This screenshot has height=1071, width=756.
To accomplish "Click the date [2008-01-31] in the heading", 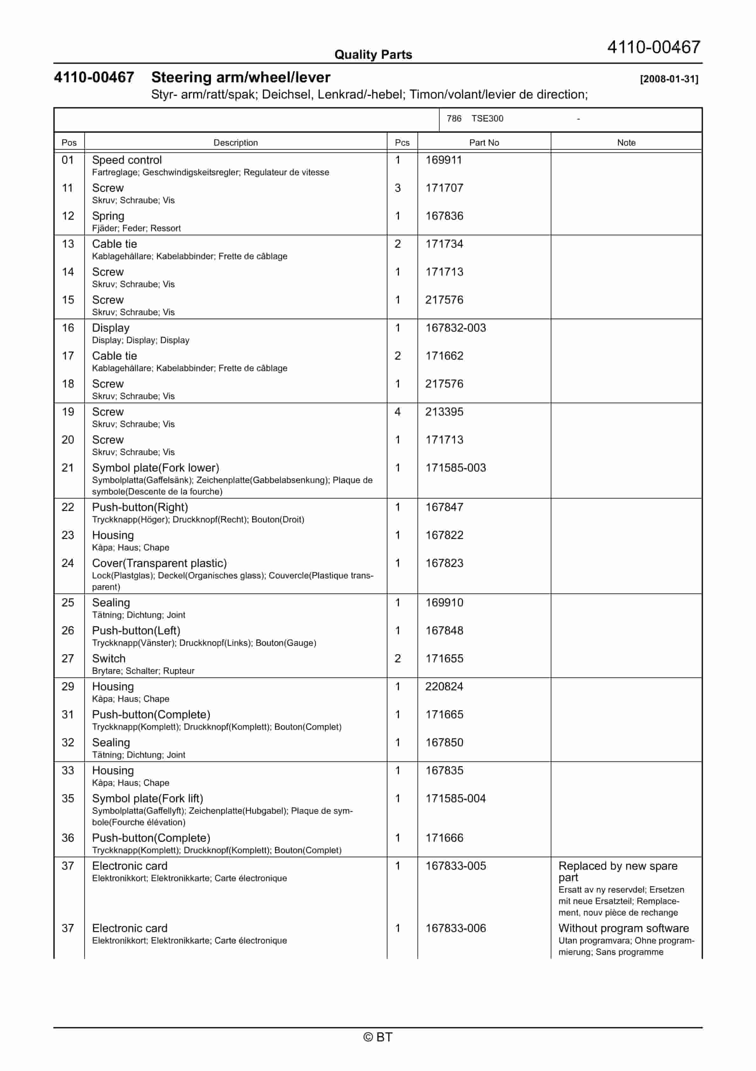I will (x=669, y=79).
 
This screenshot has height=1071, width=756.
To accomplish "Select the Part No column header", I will (x=484, y=143).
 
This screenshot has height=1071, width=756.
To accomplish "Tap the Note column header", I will (x=626, y=143).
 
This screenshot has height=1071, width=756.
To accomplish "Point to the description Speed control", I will (x=127, y=160).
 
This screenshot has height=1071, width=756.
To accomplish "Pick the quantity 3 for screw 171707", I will (x=398, y=188).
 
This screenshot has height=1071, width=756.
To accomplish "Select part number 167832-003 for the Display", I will (x=456, y=328).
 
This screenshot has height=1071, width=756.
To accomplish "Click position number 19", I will (x=68, y=412).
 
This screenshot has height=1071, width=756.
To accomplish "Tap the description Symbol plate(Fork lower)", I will (x=155, y=468).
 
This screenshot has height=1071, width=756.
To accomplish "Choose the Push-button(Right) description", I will (x=140, y=507).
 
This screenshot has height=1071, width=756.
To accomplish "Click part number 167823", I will (x=444, y=563).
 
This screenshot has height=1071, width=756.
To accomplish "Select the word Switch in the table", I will (x=109, y=659).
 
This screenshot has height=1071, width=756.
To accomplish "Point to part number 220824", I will (x=444, y=687).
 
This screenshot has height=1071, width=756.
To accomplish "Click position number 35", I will (x=68, y=798).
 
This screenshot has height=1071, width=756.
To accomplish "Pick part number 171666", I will (x=444, y=838).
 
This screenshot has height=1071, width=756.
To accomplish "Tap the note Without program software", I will (x=623, y=928).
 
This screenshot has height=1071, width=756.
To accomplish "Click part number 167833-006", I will (x=456, y=928).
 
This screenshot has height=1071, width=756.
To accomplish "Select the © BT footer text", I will (x=378, y=1037).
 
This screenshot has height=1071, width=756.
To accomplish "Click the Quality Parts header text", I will (x=373, y=55).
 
